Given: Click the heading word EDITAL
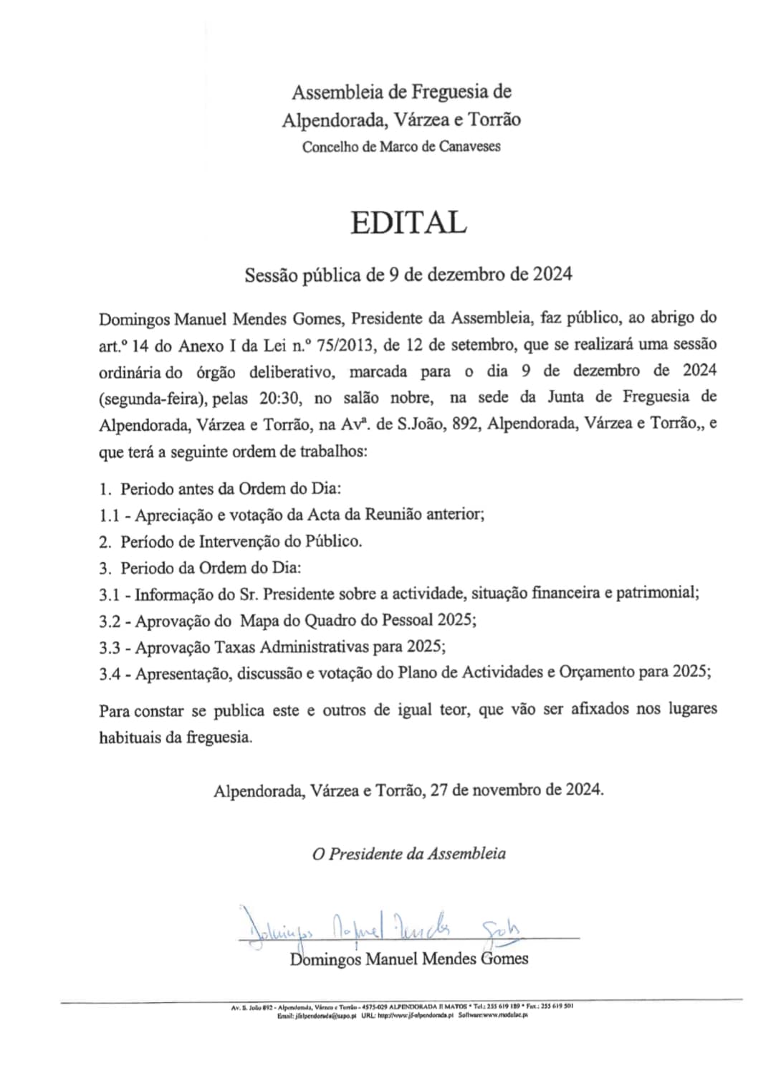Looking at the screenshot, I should pyautogui.click(x=408, y=223).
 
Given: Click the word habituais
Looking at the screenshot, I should pyautogui.click(x=130, y=737).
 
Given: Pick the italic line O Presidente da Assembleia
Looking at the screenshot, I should pyautogui.click(x=409, y=854).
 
